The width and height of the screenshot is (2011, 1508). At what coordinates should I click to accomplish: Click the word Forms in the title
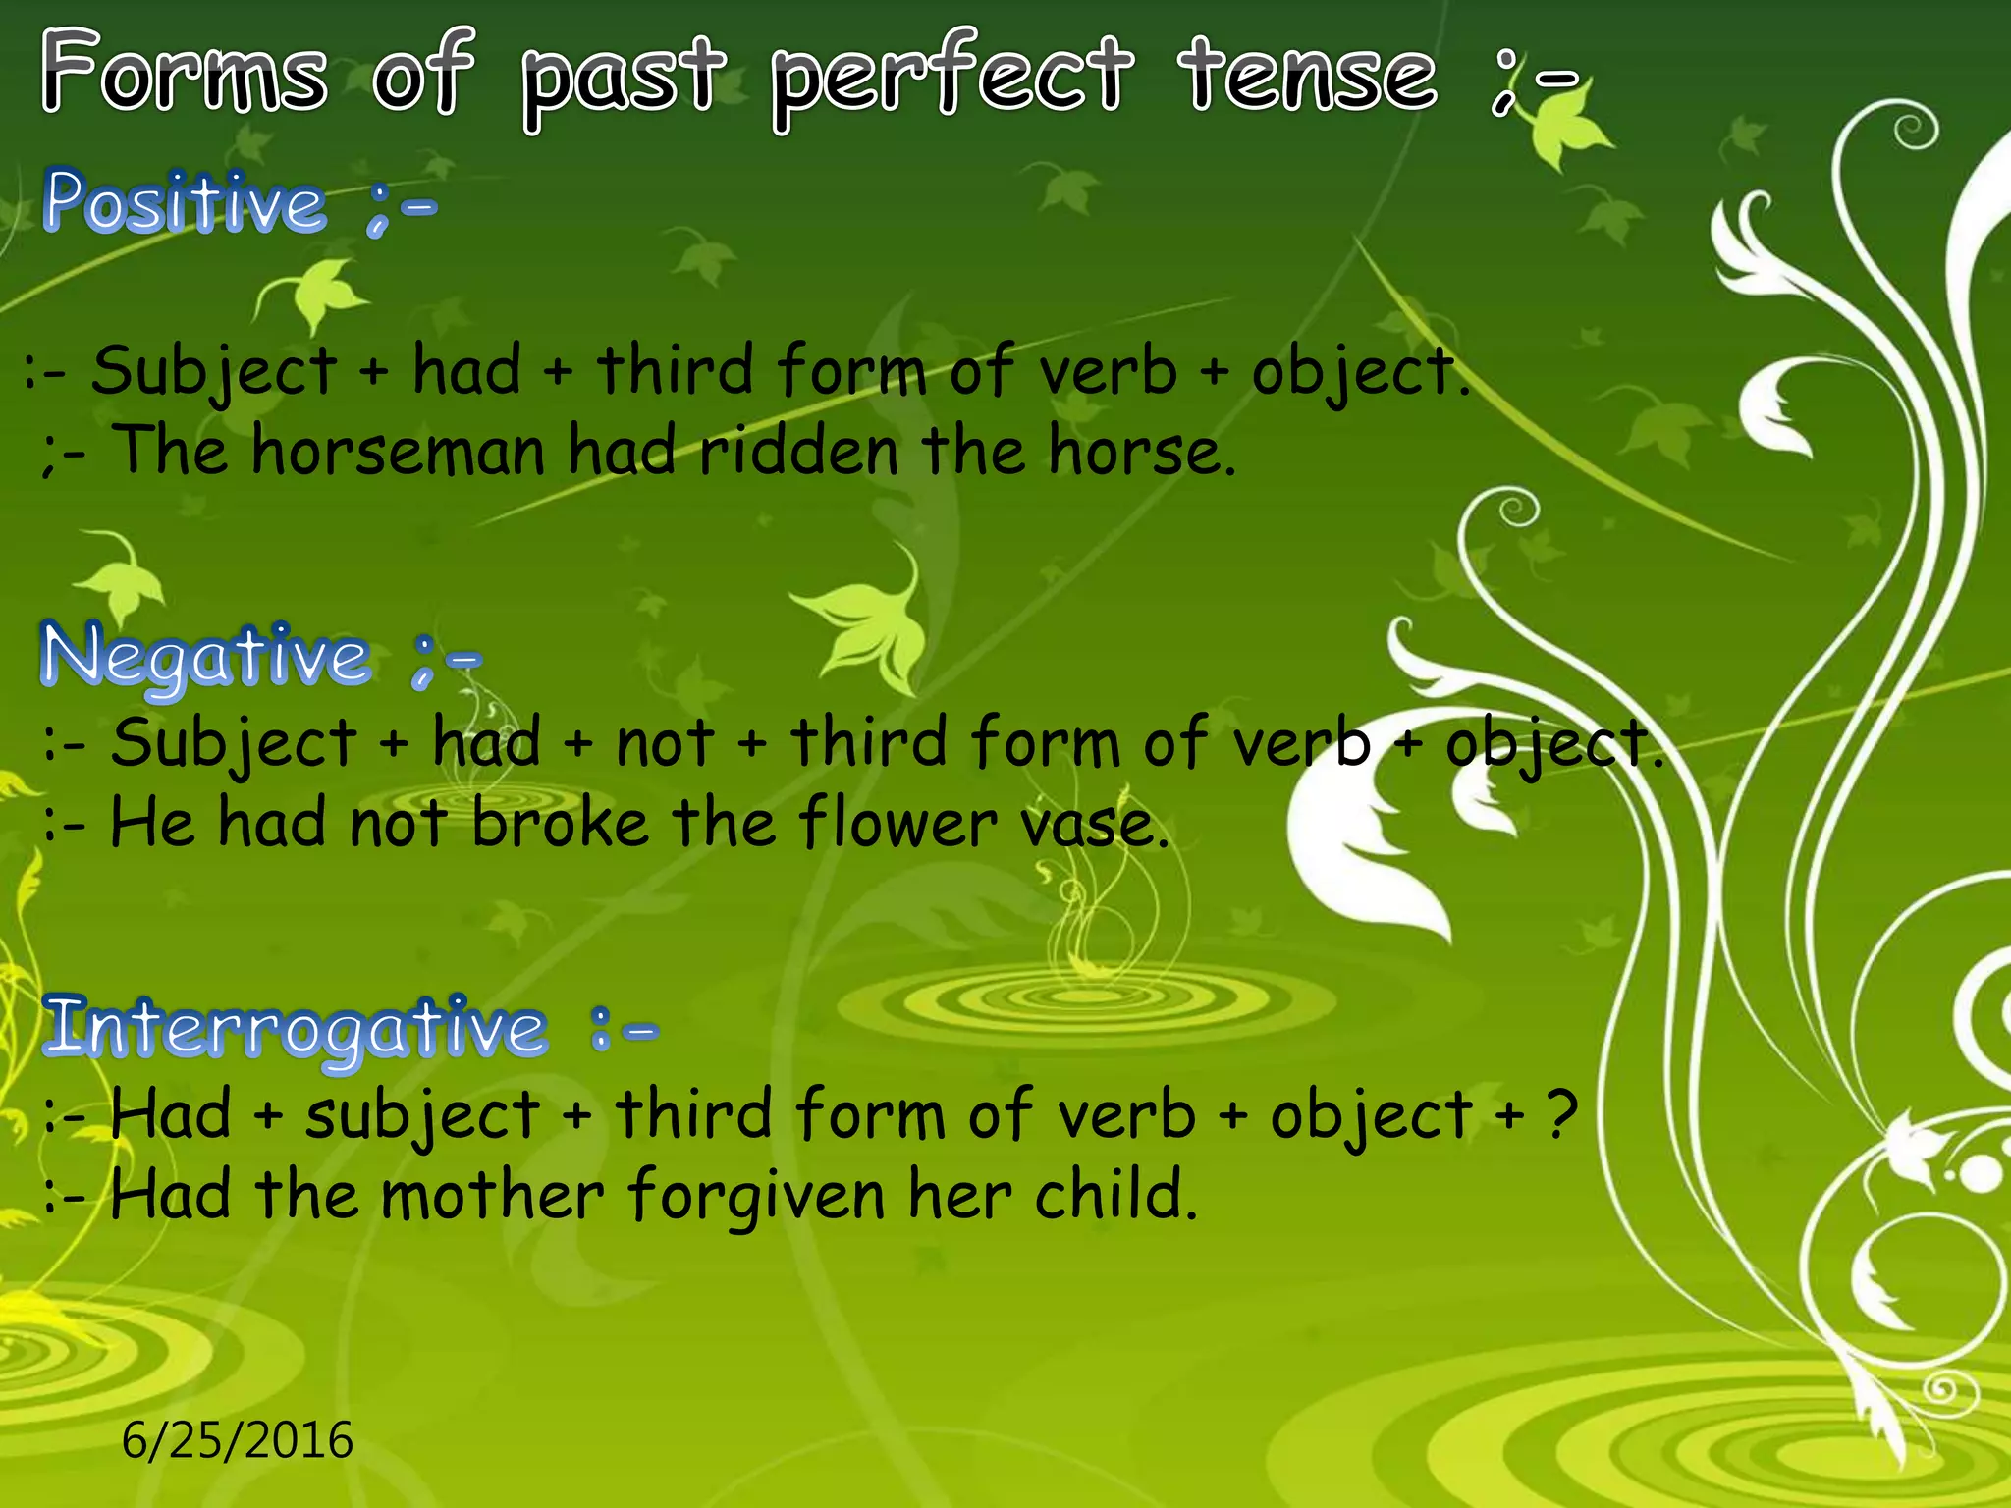click(184, 74)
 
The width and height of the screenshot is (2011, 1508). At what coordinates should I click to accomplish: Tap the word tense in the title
click(1308, 74)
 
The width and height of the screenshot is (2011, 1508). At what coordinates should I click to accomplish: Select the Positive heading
click(185, 202)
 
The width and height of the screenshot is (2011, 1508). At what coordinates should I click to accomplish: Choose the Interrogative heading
click(295, 1027)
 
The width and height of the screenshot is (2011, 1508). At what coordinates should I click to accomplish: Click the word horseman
click(398, 452)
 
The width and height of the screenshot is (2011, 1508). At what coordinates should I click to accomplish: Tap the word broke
click(560, 823)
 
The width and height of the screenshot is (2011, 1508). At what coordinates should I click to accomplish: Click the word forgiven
click(756, 1196)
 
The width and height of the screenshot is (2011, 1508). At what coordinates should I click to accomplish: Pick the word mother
click(491, 1196)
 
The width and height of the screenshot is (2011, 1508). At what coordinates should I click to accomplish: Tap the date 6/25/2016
click(237, 1440)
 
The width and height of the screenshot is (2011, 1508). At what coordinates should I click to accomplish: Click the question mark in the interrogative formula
click(1561, 1115)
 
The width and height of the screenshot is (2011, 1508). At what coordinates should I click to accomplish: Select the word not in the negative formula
click(664, 744)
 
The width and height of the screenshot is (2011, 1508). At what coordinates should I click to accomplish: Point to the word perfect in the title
click(951, 74)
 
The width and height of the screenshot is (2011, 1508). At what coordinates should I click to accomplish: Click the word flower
click(897, 823)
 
